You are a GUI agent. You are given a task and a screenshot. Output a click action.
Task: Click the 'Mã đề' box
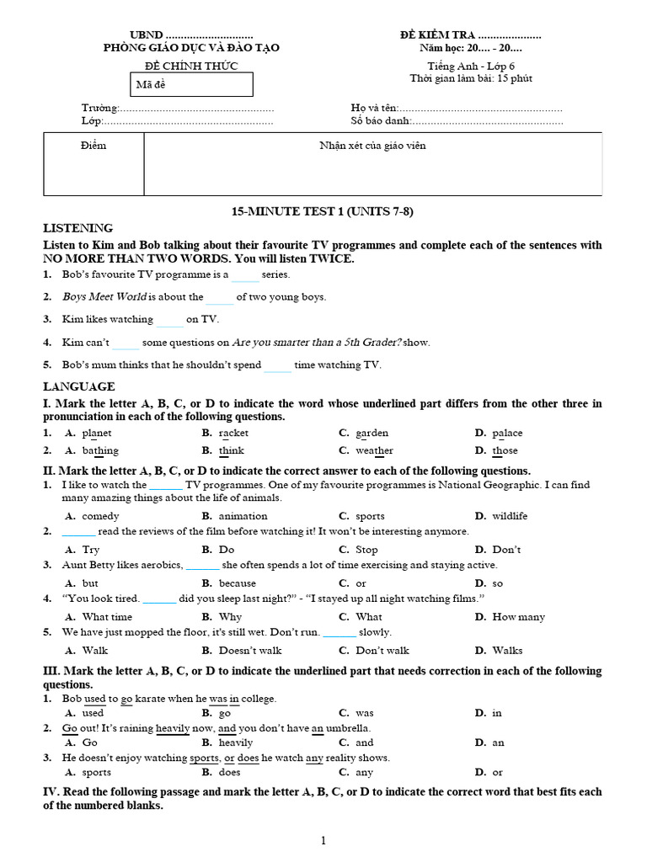[192, 85]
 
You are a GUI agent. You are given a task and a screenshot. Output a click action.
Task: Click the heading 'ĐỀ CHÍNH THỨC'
[191, 66]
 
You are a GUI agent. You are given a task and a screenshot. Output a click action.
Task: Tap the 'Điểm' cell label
[94, 146]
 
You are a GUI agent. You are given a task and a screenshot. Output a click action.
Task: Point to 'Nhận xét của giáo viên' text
[372, 146]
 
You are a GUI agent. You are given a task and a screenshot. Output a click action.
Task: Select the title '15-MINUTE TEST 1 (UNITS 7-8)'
[323, 211]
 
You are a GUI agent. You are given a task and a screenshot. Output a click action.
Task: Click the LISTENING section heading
[78, 228]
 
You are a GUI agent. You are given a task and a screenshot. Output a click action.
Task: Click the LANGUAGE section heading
[79, 386]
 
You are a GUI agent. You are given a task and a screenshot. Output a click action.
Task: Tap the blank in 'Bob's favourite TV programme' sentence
[246, 275]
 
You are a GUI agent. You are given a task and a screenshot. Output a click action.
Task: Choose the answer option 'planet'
[97, 434]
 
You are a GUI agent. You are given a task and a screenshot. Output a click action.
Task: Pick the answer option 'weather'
[374, 451]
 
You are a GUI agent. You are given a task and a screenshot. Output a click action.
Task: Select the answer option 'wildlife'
[510, 516]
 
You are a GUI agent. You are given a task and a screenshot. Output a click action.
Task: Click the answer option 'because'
[237, 583]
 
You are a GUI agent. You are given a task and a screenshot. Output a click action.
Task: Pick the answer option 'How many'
[518, 617]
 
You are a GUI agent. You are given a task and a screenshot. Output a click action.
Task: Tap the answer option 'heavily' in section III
[235, 743]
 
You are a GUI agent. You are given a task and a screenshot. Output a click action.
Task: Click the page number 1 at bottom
[323, 839]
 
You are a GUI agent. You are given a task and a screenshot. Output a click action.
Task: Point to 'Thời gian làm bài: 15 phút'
[471, 79]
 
